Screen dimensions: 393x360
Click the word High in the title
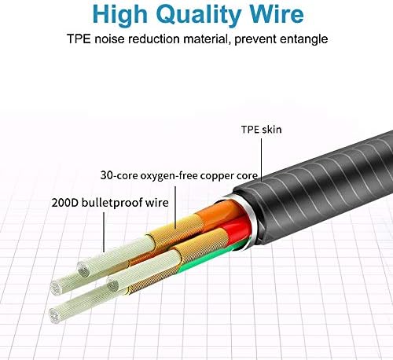point(120,15)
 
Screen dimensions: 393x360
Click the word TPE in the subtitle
point(79,39)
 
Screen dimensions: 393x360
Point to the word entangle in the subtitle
point(303,39)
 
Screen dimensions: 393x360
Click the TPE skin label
point(261,130)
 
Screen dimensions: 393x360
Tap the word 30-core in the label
point(119,175)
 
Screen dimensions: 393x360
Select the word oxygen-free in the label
point(169,176)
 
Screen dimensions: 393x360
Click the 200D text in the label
point(65,203)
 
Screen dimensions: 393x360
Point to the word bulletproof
point(112,204)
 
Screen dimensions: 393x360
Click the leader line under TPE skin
point(262,160)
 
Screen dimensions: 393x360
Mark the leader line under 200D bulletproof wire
point(104,232)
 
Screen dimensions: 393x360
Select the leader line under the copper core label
point(175,208)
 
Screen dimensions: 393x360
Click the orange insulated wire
point(219,210)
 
